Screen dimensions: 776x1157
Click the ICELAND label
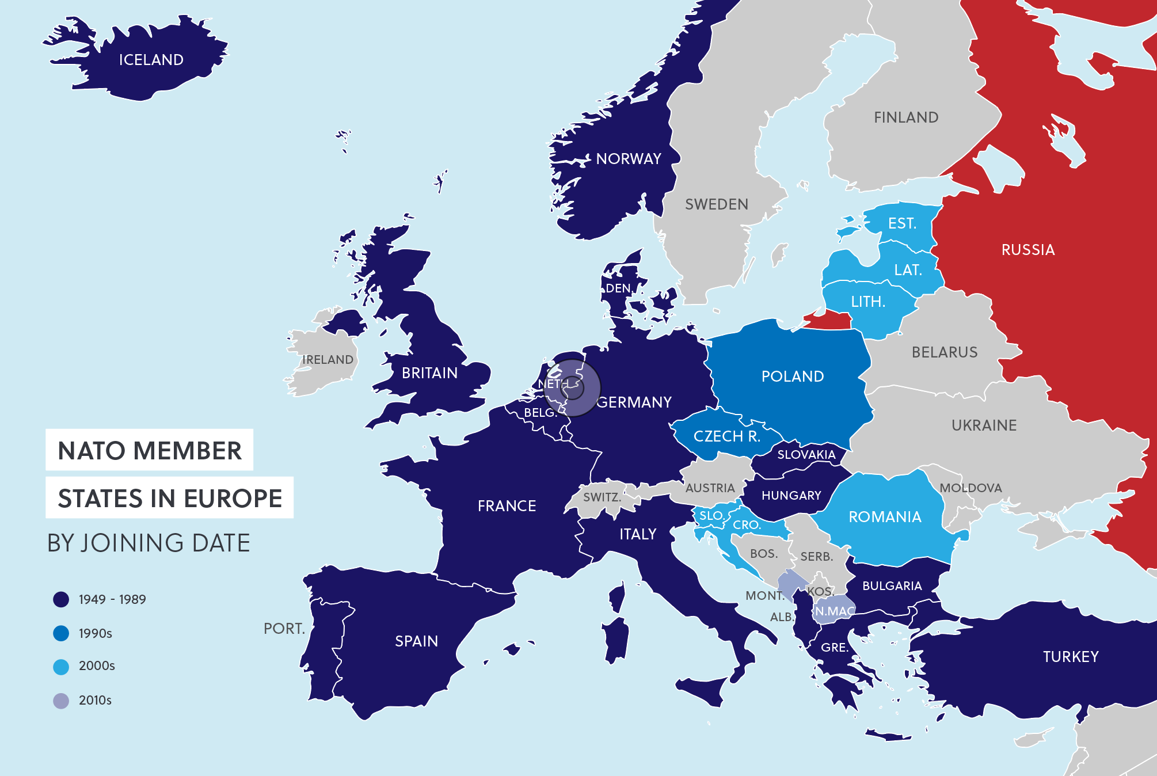151,60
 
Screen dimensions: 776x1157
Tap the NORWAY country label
629,159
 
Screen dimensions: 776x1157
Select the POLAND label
792,376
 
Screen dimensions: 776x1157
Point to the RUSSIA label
1028,250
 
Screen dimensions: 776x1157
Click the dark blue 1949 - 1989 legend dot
61,599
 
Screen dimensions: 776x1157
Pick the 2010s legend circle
61,701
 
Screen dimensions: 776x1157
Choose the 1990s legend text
95,633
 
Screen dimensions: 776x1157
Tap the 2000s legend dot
61,667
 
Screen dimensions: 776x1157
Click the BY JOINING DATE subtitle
149,543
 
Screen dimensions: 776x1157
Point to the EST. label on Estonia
901,223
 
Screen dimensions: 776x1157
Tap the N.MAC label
835,611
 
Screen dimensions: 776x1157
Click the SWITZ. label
602,497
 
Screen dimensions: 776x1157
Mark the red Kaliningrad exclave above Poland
829,319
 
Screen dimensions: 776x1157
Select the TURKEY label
1071,657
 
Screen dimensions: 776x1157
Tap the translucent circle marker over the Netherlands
572,388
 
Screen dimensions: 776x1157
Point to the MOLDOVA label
970,488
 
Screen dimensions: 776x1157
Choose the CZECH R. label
726,436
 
